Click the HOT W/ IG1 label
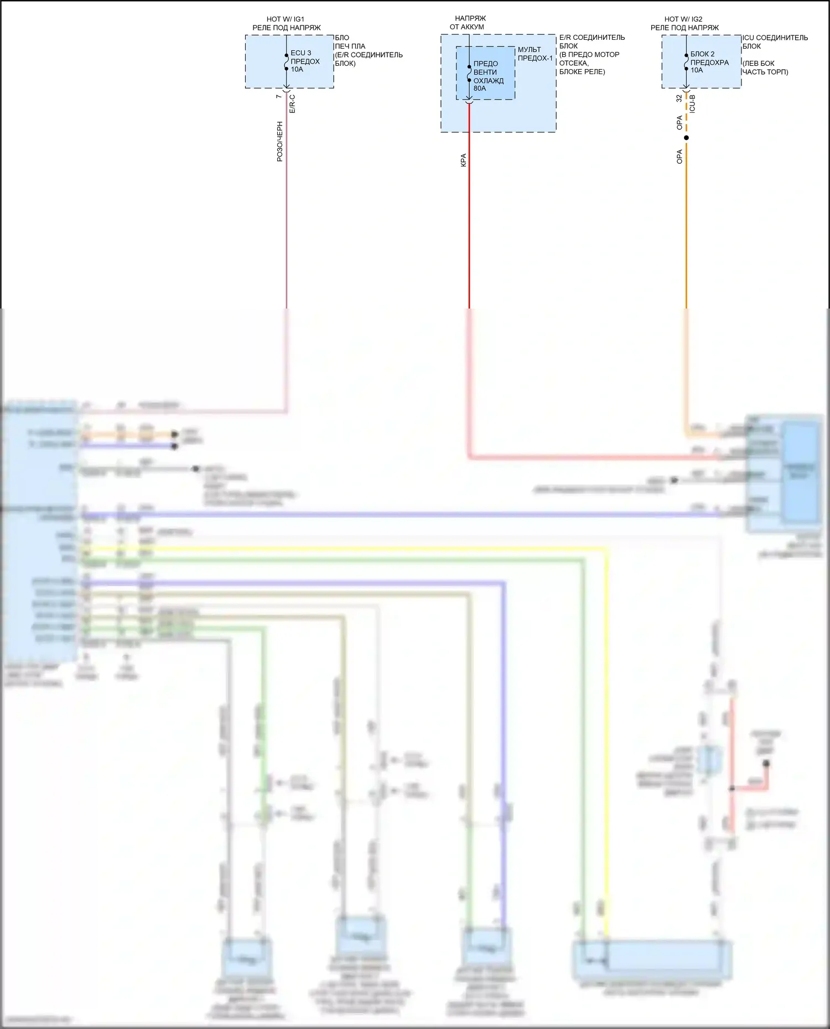(x=285, y=19)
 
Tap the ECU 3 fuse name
(x=300, y=53)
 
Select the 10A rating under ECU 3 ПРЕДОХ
(x=297, y=70)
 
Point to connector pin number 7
(x=279, y=97)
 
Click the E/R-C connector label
(x=292, y=103)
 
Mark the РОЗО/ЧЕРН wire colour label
(x=280, y=142)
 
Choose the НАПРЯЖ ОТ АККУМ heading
(x=468, y=23)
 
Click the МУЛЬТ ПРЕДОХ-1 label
(x=535, y=54)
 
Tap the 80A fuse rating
(x=480, y=88)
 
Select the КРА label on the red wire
(x=464, y=160)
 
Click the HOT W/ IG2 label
(x=683, y=19)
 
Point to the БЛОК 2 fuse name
(x=702, y=54)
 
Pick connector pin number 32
(x=679, y=98)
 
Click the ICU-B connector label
(x=692, y=103)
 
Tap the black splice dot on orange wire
(x=686, y=138)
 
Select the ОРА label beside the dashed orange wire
(x=679, y=123)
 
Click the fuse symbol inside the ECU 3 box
(x=287, y=62)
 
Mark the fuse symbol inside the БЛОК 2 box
(x=686, y=62)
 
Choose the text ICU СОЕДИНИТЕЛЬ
(x=775, y=38)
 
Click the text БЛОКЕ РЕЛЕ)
(x=582, y=72)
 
